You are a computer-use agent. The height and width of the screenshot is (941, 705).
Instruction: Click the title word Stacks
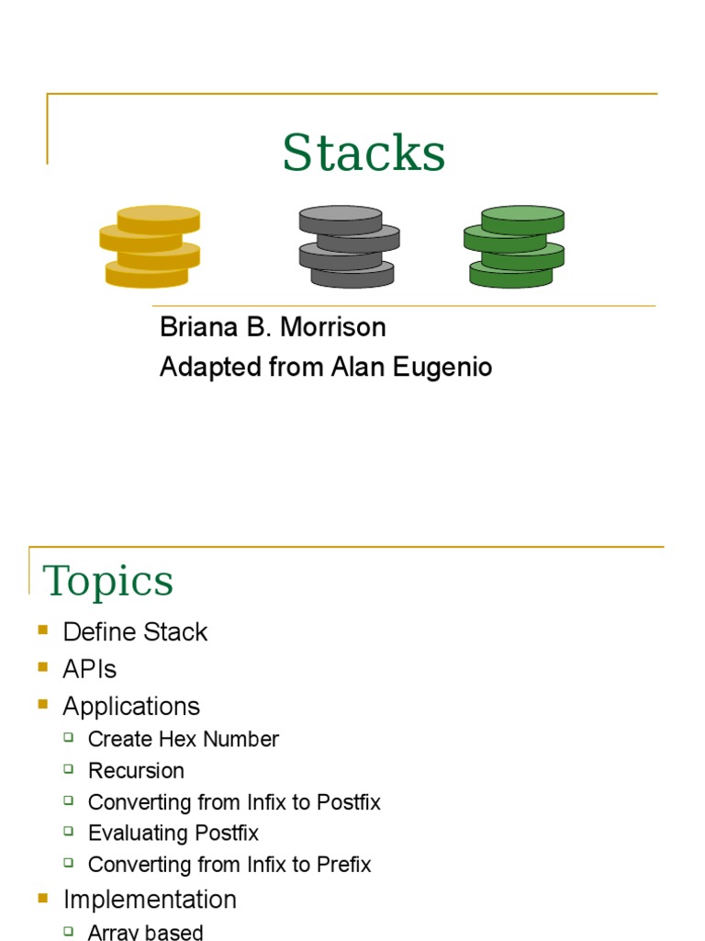(x=364, y=153)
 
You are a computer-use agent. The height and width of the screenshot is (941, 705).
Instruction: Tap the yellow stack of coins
(x=150, y=246)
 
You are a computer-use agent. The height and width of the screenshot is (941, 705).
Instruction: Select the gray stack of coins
(x=349, y=246)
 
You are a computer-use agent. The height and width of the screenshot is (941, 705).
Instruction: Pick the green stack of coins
(x=514, y=246)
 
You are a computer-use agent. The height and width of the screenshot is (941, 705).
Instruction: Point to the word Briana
(x=198, y=327)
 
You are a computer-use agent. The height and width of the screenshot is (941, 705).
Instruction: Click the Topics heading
(x=108, y=581)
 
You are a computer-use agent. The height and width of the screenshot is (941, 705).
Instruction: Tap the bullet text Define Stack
(x=135, y=632)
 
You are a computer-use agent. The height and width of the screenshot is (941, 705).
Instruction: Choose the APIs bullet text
(x=90, y=669)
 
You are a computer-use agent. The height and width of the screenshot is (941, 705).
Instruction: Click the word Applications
(x=131, y=707)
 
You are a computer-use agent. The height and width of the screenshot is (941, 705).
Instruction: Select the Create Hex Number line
(x=183, y=739)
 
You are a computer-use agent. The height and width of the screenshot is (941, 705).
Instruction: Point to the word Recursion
(x=136, y=770)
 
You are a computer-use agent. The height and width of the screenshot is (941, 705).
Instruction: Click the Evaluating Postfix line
(x=173, y=833)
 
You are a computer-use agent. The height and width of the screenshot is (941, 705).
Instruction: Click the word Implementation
(x=150, y=899)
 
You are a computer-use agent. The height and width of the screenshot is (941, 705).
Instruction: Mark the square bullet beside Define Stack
(x=42, y=629)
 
